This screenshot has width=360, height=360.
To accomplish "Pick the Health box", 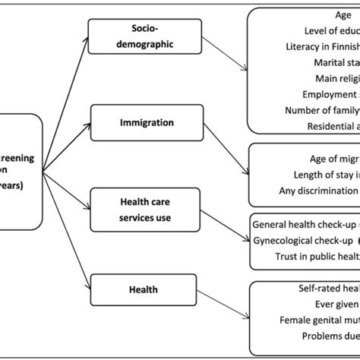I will (x=143, y=268).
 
